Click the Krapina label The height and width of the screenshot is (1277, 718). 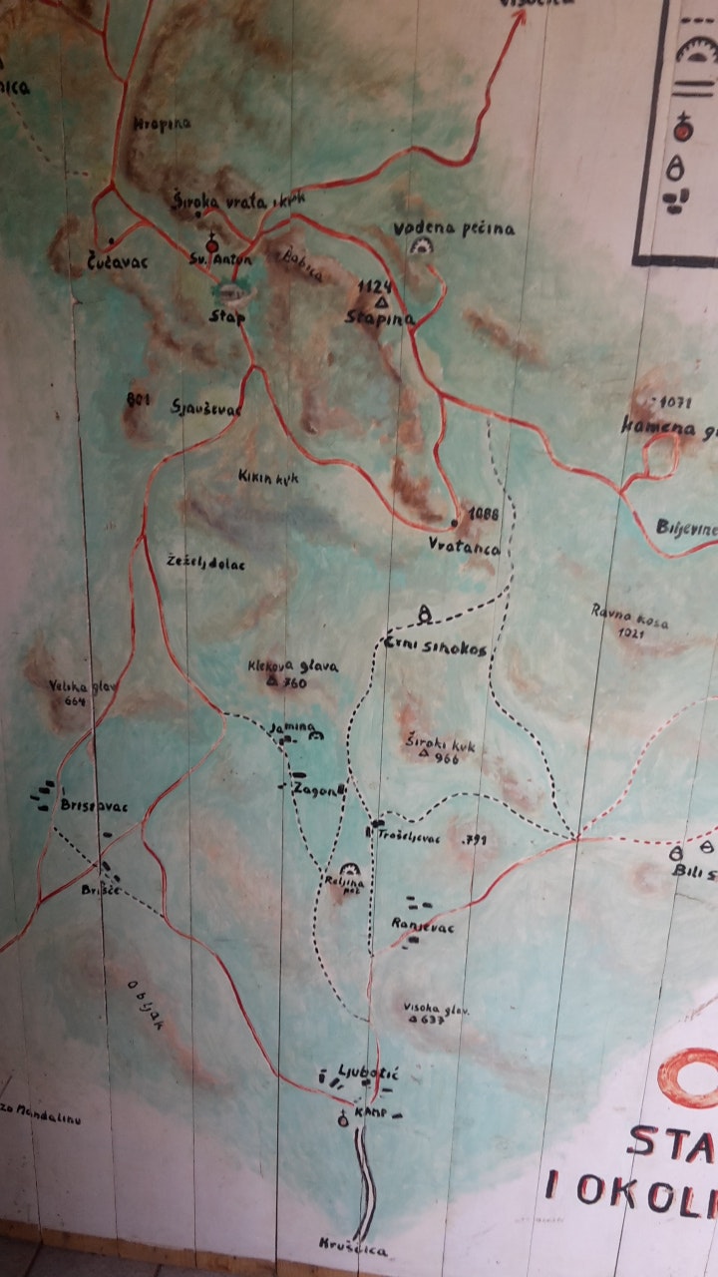pos(162,125)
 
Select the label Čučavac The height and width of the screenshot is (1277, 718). pos(96,266)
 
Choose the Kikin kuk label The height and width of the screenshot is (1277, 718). pos(268,478)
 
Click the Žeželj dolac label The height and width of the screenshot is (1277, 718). pos(205,563)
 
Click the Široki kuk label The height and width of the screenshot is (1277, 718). pos(439,744)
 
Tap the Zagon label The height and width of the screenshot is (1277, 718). pos(318,790)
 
